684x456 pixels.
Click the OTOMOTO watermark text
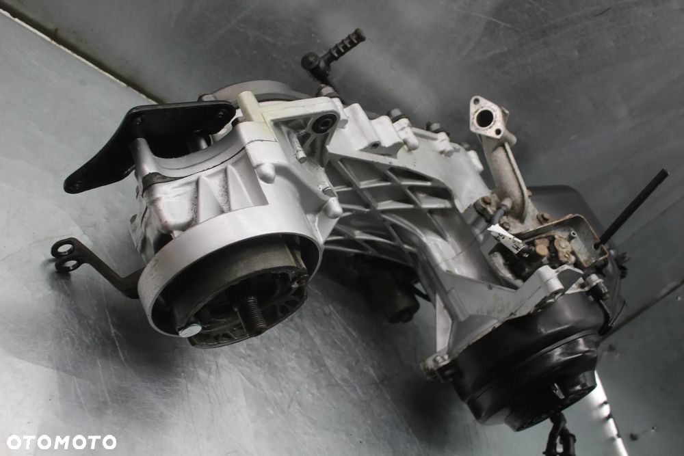(x=62, y=442)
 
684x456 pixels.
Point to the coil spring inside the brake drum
(x=257, y=312)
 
